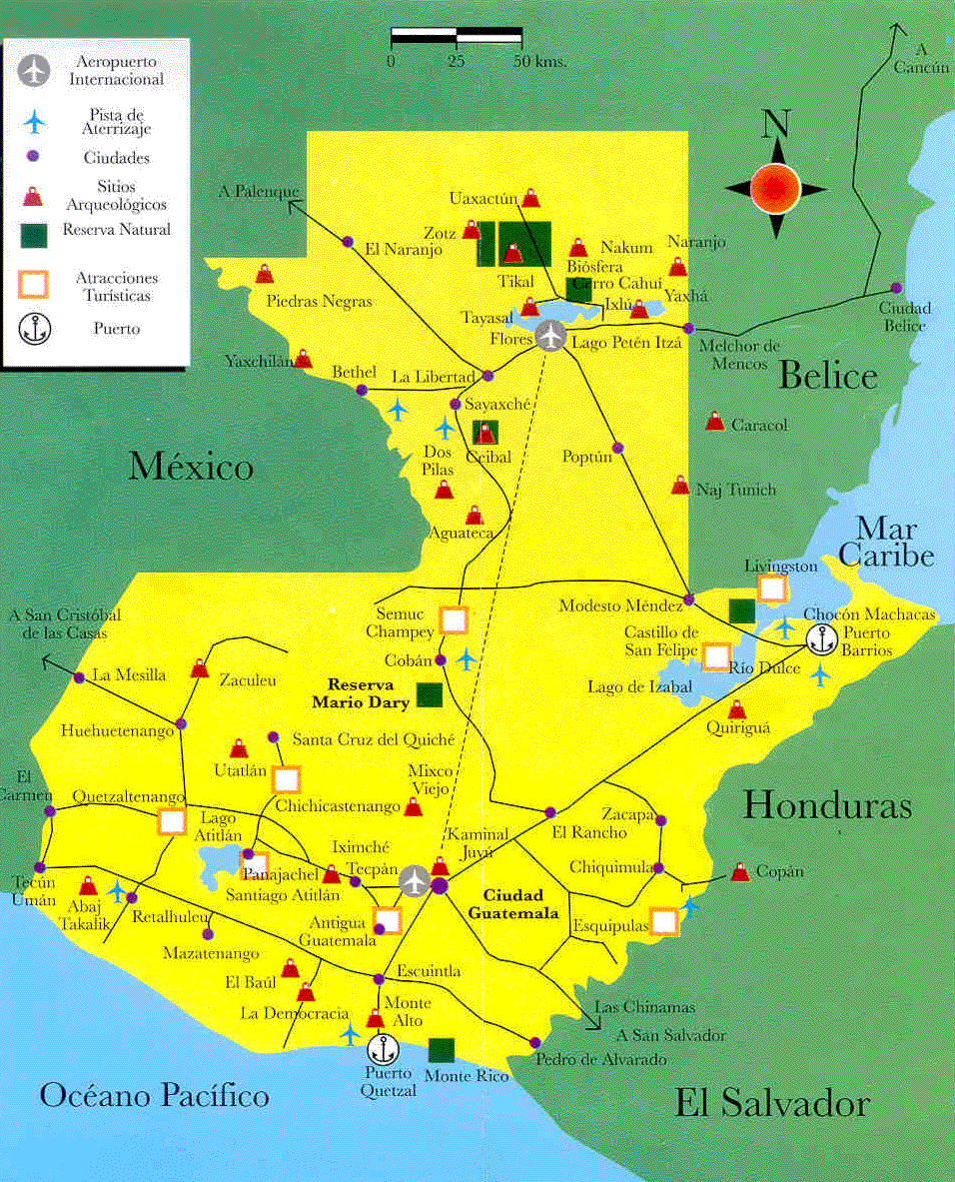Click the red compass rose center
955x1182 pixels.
775,187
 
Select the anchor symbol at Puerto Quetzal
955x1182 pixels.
381,1049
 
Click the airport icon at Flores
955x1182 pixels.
549,336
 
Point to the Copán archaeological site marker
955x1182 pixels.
739,872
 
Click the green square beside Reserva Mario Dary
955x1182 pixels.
431,695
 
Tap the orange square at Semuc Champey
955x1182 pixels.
454,620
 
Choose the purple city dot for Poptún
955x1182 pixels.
617,448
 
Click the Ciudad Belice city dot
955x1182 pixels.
896,288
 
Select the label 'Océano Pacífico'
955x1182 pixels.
154,1095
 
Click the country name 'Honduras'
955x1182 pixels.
827,805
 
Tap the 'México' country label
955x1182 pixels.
190,467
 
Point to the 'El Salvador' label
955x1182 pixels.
771,1104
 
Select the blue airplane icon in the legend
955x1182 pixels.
34,121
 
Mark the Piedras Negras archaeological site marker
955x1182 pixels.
265,274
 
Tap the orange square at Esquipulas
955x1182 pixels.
664,921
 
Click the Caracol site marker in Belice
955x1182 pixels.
714,422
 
